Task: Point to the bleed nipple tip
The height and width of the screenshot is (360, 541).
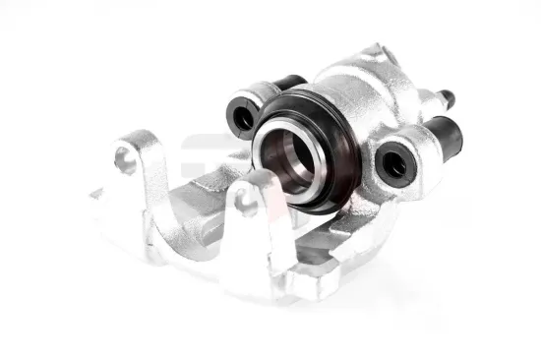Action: pyautogui.click(x=450, y=97)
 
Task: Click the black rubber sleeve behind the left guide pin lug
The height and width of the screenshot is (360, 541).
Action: pyautogui.click(x=291, y=84)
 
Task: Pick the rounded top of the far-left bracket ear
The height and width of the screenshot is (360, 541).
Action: pyautogui.click(x=133, y=137)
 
